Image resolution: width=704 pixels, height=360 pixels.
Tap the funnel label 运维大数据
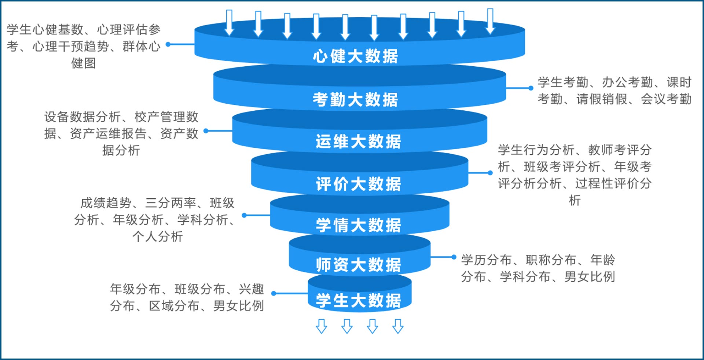(358, 142)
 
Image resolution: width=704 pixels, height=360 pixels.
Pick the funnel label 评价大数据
(358, 184)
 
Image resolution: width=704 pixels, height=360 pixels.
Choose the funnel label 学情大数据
(358, 225)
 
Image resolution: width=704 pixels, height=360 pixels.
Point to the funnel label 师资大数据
(358, 265)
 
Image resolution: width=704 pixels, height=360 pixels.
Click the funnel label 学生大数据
(358, 301)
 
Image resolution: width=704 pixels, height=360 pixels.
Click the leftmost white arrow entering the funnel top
(229, 23)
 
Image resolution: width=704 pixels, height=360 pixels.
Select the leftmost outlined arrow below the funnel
(322, 326)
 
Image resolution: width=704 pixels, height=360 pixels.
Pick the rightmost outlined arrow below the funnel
(398, 326)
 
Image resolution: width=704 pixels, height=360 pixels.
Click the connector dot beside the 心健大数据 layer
(168, 44)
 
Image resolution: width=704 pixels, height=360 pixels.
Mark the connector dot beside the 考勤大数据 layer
(531, 88)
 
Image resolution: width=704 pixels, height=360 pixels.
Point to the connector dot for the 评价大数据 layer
(490, 173)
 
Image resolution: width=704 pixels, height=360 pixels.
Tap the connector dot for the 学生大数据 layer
(274, 293)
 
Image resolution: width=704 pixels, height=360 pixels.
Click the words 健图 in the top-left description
(84, 63)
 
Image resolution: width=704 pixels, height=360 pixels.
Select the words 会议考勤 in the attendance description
(666, 99)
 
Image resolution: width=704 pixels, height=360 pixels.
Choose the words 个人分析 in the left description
(158, 236)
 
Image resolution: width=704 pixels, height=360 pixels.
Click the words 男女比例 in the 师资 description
(590, 276)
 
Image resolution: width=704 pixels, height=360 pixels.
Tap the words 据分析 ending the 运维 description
(121, 150)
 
